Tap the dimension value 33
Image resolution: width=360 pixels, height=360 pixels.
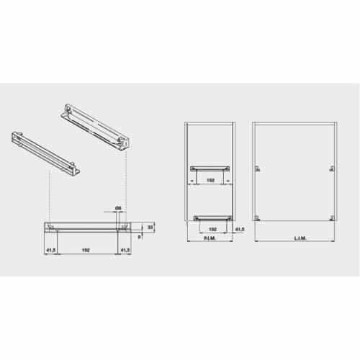[x=150, y=226]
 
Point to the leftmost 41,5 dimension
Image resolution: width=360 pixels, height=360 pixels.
[x=50, y=251]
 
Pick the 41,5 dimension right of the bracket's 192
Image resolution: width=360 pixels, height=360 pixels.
[x=124, y=251]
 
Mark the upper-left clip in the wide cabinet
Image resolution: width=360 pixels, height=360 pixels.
[x=257, y=168]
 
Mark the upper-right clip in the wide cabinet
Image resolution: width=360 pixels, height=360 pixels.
[x=332, y=168]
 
